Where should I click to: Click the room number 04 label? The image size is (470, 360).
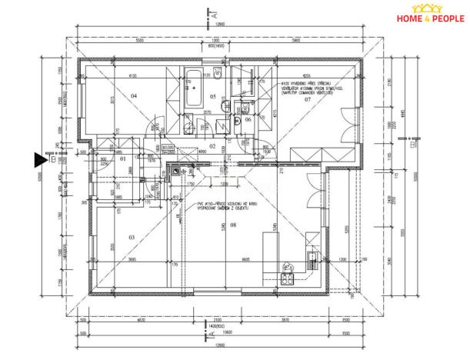pyautogui.click(x=133, y=95)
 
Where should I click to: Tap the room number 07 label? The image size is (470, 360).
pyautogui.click(x=307, y=101)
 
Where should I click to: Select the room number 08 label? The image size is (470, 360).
pyautogui.click(x=233, y=225)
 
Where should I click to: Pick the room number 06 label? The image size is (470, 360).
pyautogui.click(x=248, y=119)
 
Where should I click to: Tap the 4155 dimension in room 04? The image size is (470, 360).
pyautogui.click(x=132, y=76)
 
